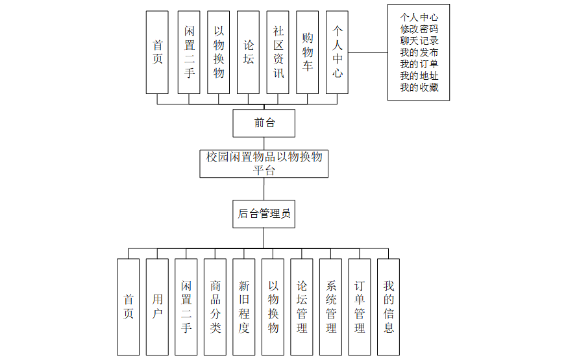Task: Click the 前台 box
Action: [x=264, y=123]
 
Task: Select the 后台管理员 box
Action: [x=264, y=213]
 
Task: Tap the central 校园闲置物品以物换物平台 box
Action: [x=264, y=163]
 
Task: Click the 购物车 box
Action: [x=308, y=52]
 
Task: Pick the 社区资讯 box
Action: [x=278, y=52]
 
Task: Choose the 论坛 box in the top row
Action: [x=249, y=52]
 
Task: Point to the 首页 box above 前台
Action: [x=157, y=52]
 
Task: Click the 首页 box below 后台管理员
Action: [x=129, y=306]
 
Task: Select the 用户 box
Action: [x=157, y=306]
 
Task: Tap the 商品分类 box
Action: [x=215, y=306]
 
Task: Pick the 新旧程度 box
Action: [x=244, y=306]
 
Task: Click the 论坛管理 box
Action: [x=302, y=306]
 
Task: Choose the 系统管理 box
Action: [x=330, y=306]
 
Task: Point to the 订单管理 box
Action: [x=360, y=306]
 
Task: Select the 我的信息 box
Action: [x=388, y=306]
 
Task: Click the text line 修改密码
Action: [x=419, y=29]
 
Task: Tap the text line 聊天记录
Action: [x=419, y=40]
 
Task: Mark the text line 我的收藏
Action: [x=419, y=87]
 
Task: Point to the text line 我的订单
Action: [x=419, y=64]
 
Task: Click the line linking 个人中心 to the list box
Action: [x=368, y=52]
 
